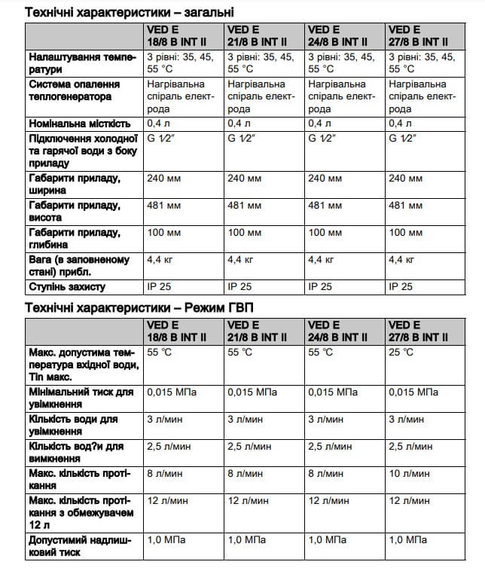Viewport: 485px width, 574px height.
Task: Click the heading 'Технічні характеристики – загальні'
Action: (129, 12)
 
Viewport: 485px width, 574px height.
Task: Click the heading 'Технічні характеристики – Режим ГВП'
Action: (140, 307)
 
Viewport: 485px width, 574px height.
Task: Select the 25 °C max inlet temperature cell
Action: (401, 352)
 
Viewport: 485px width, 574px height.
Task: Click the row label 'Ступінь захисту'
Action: (67, 287)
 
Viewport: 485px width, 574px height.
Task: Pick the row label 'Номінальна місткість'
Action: (80, 123)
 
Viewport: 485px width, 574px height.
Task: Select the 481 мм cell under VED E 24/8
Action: (324, 205)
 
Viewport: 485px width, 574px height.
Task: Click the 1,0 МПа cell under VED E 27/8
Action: (407, 540)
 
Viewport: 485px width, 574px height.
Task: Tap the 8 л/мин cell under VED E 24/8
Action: (326, 474)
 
